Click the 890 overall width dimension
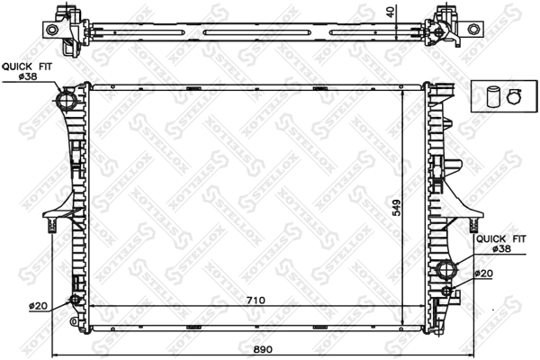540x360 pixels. (263, 349)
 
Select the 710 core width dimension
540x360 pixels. (256, 301)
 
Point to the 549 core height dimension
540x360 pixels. (397, 208)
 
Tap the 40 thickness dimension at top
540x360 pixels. (391, 13)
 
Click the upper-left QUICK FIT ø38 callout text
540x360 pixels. (28, 71)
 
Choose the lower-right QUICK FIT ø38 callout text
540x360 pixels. (501, 244)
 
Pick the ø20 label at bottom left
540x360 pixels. (38, 306)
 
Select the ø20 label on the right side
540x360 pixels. (484, 274)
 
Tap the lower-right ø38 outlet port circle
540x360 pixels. (446, 269)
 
